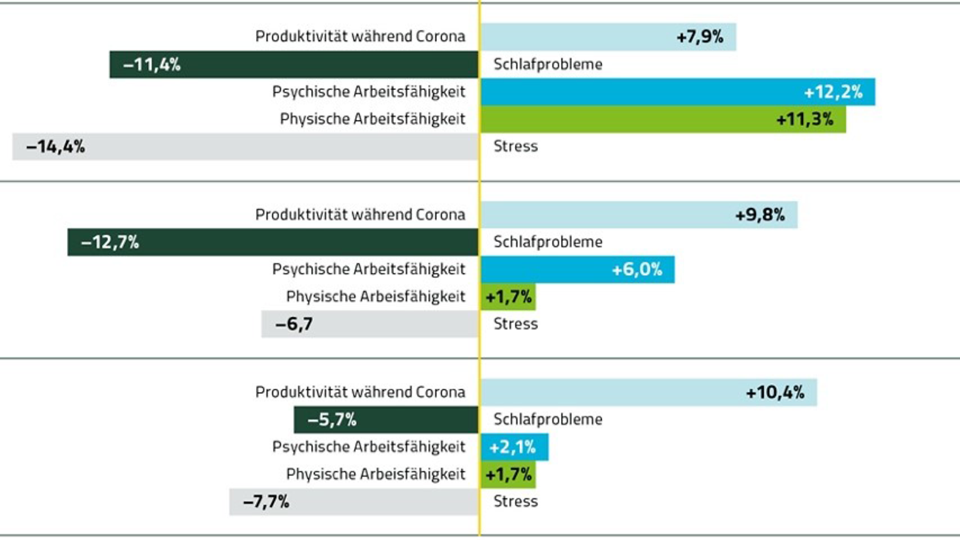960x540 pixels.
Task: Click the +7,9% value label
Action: [700, 37]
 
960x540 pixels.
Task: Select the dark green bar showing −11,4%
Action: [293, 65]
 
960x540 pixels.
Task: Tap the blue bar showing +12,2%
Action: [678, 92]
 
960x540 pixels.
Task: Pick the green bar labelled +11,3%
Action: [663, 119]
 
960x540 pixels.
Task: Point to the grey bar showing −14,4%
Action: [245, 147]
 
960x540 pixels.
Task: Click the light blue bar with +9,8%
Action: [639, 215]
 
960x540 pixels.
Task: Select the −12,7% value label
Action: [110, 243]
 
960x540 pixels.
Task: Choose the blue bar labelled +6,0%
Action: [578, 269]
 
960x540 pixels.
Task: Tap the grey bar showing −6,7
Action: [370, 324]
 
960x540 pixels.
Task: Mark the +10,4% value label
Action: [775, 393]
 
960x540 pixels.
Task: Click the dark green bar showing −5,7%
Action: [386, 420]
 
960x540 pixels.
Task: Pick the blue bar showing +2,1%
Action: [515, 447]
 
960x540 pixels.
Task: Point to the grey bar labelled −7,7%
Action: [353, 502]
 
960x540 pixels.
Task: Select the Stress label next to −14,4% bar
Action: [515, 146]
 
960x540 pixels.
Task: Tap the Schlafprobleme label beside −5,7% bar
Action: [548, 419]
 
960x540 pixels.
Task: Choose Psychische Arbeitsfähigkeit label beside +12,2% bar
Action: [368, 92]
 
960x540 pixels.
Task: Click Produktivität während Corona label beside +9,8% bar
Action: [360, 215]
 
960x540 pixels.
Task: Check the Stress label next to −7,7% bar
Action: [515, 502]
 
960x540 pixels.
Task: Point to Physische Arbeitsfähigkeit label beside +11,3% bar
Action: [372, 119]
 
